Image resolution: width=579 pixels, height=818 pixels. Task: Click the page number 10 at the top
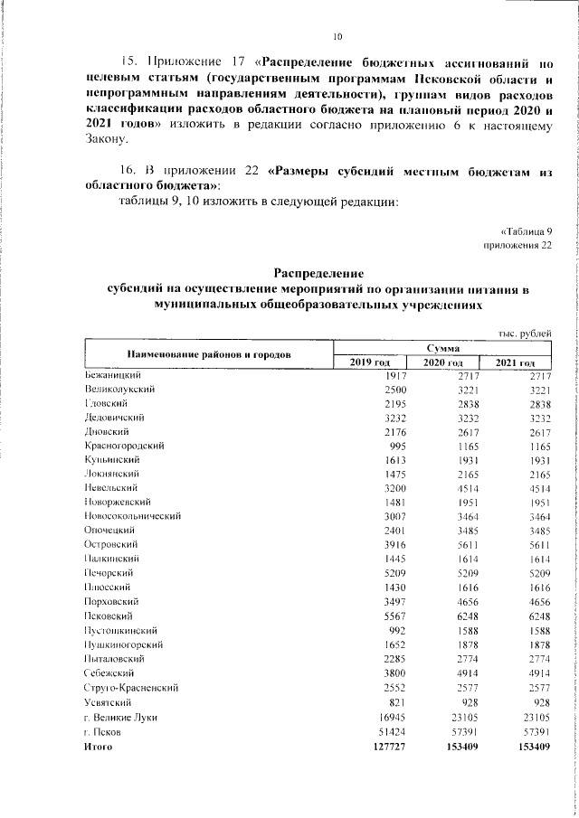(x=337, y=37)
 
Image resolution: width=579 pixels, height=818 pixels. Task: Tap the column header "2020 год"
(x=443, y=362)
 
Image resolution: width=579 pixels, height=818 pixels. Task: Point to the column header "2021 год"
(x=516, y=362)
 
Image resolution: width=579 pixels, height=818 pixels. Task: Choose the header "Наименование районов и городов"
(x=209, y=353)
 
